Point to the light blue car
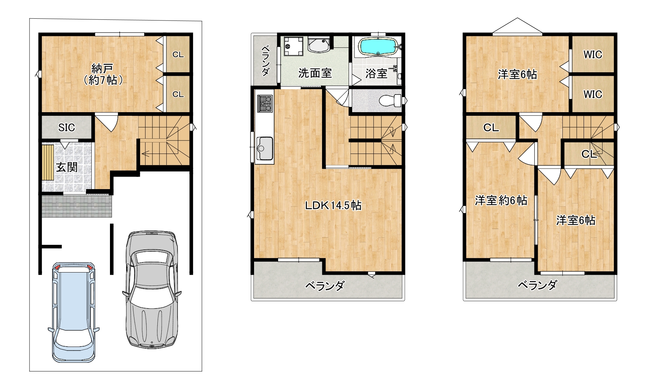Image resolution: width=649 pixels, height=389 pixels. click(74, 312)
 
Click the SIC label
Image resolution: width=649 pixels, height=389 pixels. click(66, 127)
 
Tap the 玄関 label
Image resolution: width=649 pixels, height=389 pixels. click(67, 167)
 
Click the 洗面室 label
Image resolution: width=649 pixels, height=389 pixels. click(315, 73)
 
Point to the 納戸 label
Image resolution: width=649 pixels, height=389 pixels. click(102, 68)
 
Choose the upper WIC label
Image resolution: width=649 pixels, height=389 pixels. click(593, 55)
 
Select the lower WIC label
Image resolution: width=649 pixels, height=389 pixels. click(593, 94)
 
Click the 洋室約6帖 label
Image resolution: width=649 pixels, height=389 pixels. click(501, 200)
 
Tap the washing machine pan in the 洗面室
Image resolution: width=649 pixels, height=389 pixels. click(292, 46)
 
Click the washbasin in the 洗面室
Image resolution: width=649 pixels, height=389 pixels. click(318, 45)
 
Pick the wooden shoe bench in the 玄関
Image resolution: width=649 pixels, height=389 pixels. click(47, 163)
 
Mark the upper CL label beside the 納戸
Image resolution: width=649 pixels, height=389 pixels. click(178, 55)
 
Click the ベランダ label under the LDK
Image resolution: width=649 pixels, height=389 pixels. click(325, 286)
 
